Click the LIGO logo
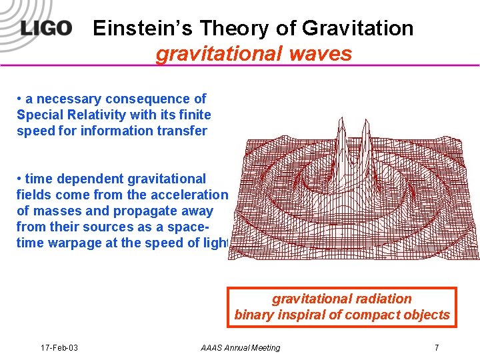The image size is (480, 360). click(x=45, y=29)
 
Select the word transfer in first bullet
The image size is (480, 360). click(x=182, y=131)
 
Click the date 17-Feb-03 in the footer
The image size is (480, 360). click(x=59, y=347)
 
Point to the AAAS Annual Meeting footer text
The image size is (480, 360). click(x=240, y=347)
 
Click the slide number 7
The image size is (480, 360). click(x=436, y=347)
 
